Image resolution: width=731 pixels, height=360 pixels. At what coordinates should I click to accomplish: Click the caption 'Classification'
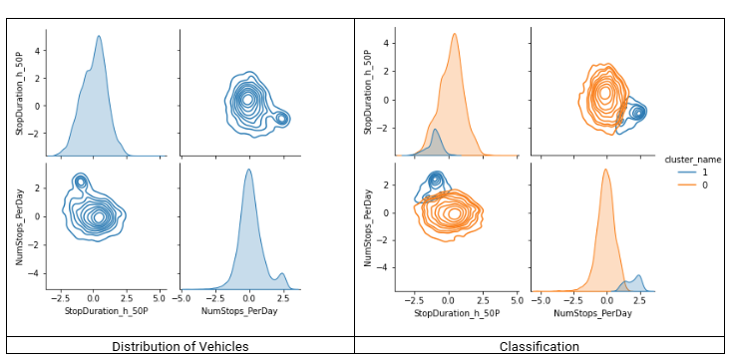pyautogui.click(x=540, y=346)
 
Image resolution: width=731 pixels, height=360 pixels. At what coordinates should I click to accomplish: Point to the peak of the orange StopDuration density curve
pyautogui.click(x=454, y=35)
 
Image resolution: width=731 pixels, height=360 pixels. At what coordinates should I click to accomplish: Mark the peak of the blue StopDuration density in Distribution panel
pyautogui.click(x=99, y=37)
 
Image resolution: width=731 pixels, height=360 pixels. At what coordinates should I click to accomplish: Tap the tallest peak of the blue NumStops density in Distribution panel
pyautogui.click(x=248, y=170)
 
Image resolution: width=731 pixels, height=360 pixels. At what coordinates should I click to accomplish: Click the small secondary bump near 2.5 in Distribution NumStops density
pyautogui.click(x=282, y=274)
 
